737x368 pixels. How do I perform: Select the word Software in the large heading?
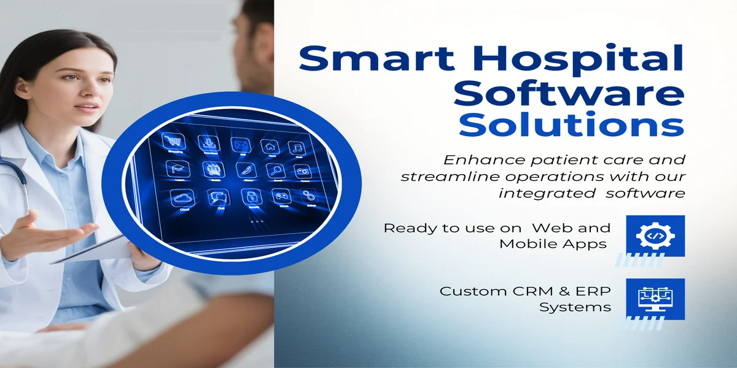click(571, 93)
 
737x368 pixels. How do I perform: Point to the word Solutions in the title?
click(571, 125)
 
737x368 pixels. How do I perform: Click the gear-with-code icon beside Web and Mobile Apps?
click(655, 236)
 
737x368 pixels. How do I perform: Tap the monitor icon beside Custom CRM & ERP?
click(655, 299)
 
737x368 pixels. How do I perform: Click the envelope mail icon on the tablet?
click(240, 145)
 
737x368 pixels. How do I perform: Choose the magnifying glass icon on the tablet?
click(278, 171)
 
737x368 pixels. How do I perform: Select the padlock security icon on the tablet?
click(250, 196)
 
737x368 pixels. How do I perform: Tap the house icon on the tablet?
click(269, 147)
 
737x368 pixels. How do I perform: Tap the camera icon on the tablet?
click(303, 172)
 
